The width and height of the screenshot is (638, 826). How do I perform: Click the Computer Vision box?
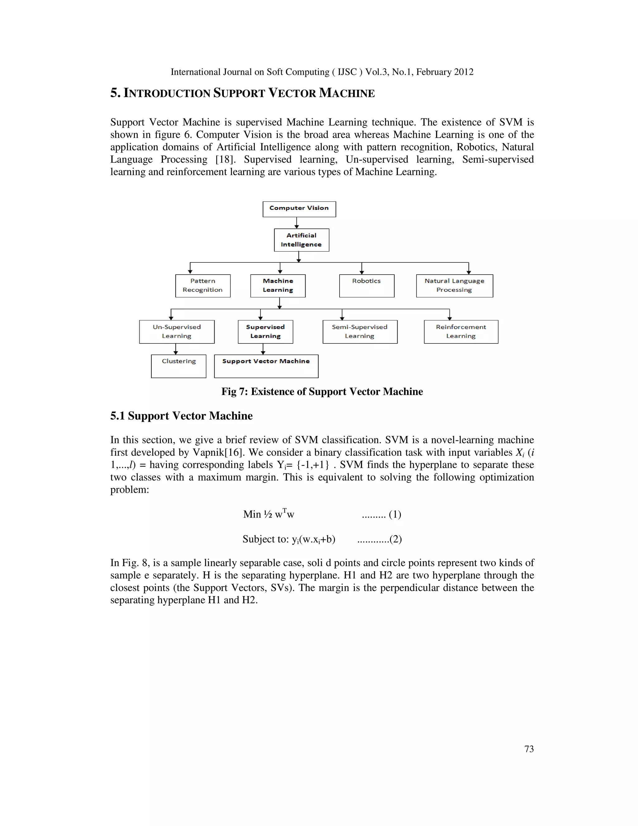point(299,209)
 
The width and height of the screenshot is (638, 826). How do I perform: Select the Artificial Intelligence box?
point(301,240)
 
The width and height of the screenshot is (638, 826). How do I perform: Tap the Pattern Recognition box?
point(202,286)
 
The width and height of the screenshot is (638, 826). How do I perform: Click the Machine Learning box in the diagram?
point(278,286)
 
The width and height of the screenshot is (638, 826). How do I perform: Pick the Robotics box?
point(367,286)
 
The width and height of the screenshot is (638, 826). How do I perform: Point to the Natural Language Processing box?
point(454,286)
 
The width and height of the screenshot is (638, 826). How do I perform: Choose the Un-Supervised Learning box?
point(177,332)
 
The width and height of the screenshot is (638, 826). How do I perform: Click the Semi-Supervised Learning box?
point(360,332)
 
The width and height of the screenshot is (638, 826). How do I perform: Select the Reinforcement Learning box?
point(461,332)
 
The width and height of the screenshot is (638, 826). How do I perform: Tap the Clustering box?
point(179,366)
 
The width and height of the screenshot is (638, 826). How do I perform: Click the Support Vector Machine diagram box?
point(266,366)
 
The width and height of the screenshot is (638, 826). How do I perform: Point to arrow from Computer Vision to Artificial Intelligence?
point(297,223)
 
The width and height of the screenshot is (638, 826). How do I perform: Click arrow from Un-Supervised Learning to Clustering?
point(176,349)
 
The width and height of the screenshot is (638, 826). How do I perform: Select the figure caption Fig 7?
point(322,391)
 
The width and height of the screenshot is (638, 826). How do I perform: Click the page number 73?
point(529,749)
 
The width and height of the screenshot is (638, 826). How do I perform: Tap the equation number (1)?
point(395,514)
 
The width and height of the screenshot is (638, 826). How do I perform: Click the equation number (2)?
point(395,539)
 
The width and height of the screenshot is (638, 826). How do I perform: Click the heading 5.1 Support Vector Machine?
point(181,415)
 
